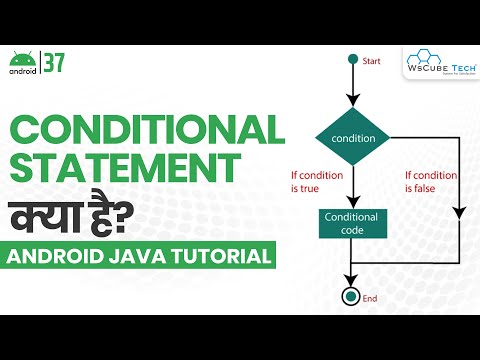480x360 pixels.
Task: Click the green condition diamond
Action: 352,139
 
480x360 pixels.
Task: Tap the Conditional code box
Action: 352,222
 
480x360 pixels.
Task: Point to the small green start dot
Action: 352,59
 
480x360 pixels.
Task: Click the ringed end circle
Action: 352,297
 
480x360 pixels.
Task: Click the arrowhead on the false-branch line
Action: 458,211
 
